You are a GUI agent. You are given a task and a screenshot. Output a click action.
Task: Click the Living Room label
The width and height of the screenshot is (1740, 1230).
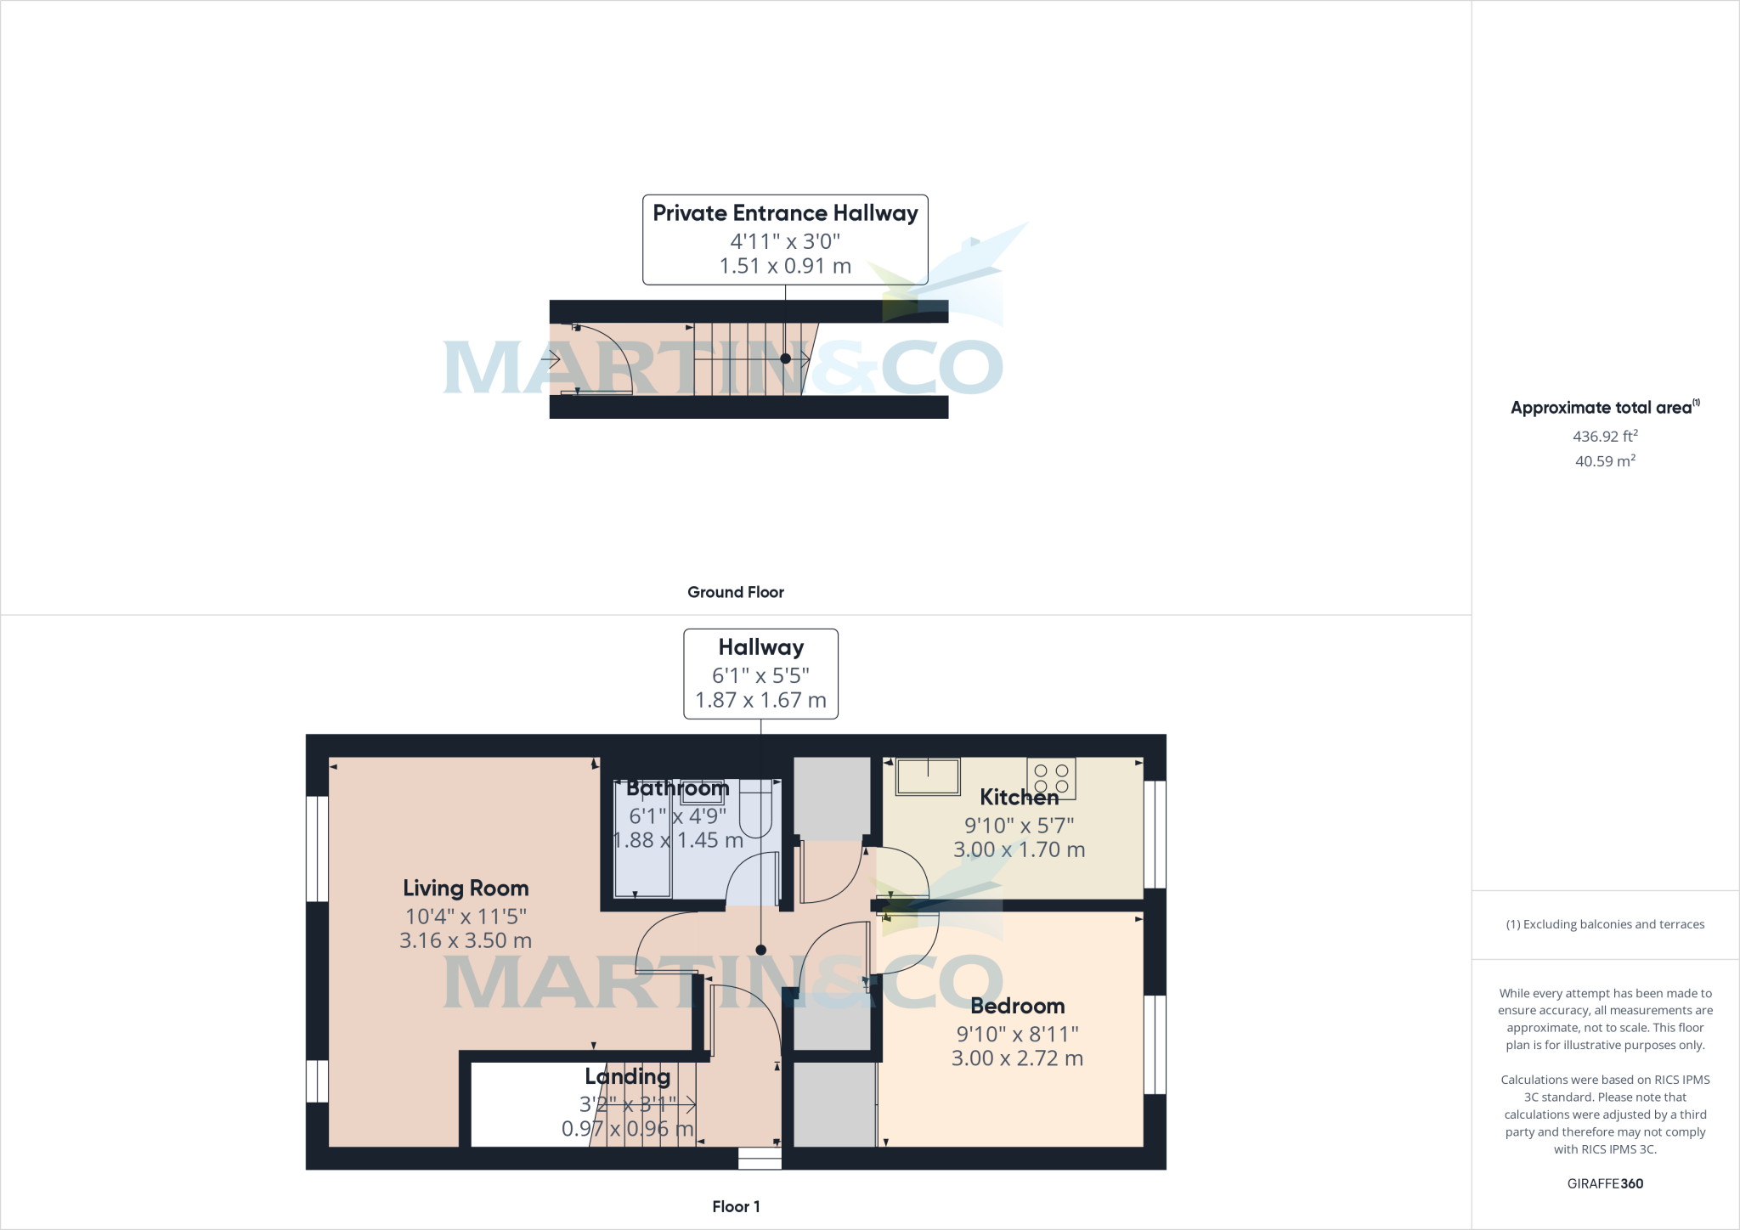[x=466, y=889]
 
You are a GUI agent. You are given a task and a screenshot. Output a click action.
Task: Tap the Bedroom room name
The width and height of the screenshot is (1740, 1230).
[x=1017, y=1007]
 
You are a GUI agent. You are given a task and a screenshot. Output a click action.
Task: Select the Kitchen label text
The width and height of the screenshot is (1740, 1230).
[x=1019, y=798]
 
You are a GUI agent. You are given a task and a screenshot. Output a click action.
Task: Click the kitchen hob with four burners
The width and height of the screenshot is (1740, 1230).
[x=1051, y=778]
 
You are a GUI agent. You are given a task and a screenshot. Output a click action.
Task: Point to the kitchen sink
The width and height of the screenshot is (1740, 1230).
[x=928, y=776]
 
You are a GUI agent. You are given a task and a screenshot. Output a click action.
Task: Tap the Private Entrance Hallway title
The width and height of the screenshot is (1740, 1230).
[x=785, y=213]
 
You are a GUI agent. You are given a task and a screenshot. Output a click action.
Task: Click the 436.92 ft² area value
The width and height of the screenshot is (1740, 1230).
[x=1605, y=437]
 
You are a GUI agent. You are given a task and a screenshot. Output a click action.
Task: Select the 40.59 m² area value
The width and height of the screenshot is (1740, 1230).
[x=1605, y=461]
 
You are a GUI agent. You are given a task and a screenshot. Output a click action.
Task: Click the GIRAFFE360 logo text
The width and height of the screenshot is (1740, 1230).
[x=1605, y=1183]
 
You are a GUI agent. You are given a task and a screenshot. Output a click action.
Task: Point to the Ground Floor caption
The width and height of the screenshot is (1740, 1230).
[x=736, y=592]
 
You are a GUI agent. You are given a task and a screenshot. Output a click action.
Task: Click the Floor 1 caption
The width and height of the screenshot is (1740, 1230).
[x=736, y=1206]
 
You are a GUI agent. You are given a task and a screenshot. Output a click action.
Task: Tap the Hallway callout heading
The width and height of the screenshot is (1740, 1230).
[x=761, y=647]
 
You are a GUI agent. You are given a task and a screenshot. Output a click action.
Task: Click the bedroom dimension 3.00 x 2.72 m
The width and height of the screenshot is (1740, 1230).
[x=1017, y=1058]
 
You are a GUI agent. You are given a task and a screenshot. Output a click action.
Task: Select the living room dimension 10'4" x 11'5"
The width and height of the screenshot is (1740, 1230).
[x=466, y=917]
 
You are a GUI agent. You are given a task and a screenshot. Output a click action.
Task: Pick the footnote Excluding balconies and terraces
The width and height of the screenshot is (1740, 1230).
[x=1605, y=924]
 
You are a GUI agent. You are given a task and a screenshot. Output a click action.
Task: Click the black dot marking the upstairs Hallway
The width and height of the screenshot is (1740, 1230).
[x=761, y=951]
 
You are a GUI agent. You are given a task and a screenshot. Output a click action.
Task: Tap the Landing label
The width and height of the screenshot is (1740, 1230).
[x=628, y=1077]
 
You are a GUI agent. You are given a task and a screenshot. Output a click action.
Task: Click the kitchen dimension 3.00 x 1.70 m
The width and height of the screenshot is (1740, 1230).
[x=1019, y=849]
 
